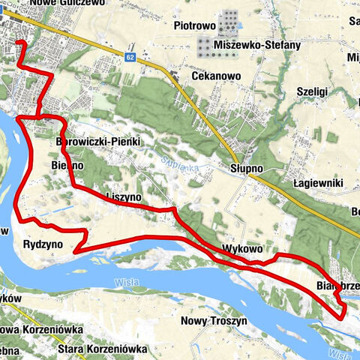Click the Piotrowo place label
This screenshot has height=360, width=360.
(194, 25)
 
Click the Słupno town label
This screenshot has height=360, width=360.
(247, 169)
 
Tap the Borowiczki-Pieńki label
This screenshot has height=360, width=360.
(98, 141)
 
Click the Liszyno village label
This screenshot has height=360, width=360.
(124, 196)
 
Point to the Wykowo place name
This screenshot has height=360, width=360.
(241, 248)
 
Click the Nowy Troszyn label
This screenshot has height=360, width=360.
(214, 320)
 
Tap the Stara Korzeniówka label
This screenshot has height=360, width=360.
(103, 348)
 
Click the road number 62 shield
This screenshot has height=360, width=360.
(130, 57)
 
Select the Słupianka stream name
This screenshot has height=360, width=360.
(178, 162)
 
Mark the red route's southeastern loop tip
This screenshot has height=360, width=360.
(343, 318)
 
